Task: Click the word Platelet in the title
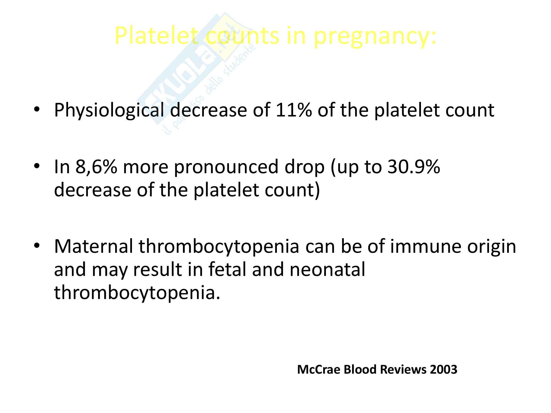tap(156, 36)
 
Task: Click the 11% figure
tap(294, 110)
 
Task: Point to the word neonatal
tap(327, 269)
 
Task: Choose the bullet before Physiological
tap(37, 110)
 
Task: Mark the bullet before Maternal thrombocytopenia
tap(37, 246)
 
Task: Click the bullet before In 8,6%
tap(37, 167)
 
